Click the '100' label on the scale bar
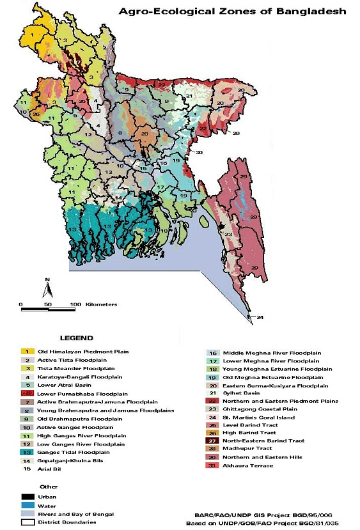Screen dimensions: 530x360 point(75,304)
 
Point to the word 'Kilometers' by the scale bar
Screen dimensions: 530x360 point(101,304)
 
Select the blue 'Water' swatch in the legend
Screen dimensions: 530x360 point(27,504)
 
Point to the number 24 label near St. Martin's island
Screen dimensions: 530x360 point(260,317)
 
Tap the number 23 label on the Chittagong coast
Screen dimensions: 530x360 point(228,234)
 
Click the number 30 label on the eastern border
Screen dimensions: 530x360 point(199,152)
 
